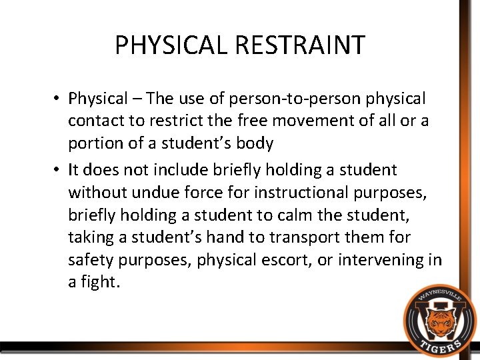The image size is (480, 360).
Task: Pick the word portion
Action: click(92, 144)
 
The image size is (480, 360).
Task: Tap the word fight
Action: click(100, 283)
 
